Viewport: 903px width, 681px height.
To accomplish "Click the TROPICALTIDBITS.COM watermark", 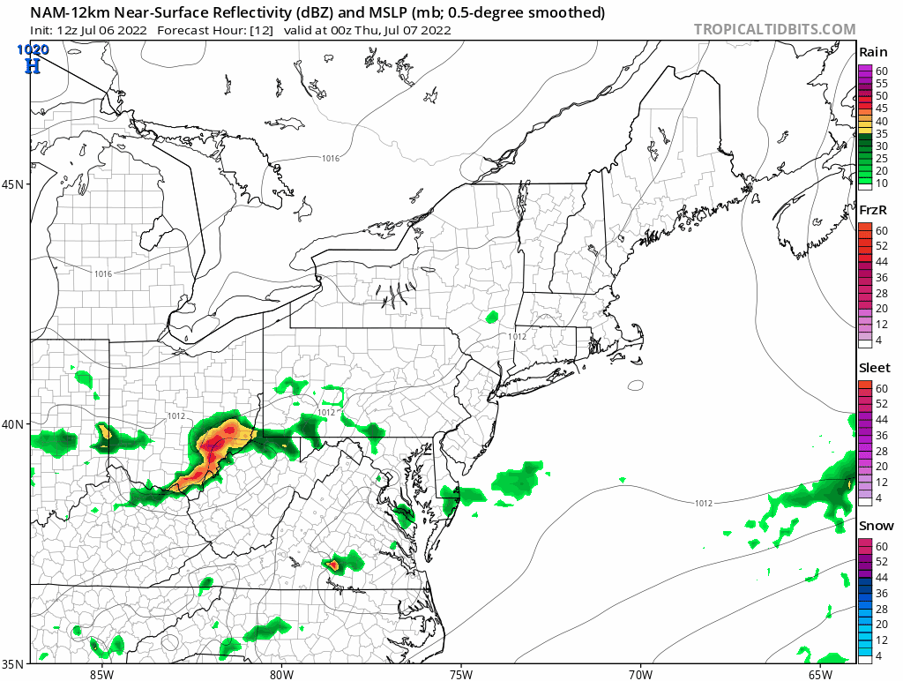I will (774, 29).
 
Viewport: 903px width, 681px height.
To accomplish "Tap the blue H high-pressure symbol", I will (33, 66).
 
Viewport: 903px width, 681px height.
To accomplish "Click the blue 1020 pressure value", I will (32, 50).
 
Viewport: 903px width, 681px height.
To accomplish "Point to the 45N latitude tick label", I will (15, 184).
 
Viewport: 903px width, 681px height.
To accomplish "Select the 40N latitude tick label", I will (15, 423).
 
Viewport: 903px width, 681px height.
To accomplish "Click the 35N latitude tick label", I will (15, 663).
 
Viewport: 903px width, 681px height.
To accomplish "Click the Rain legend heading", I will (873, 53).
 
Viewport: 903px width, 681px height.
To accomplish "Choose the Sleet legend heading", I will (875, 368).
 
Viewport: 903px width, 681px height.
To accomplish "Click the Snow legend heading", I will (876, 526).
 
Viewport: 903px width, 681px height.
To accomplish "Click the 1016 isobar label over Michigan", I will (103, 273).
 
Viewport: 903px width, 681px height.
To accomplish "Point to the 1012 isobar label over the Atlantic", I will (703, 503).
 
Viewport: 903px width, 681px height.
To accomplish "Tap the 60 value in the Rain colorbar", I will (881, 71).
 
